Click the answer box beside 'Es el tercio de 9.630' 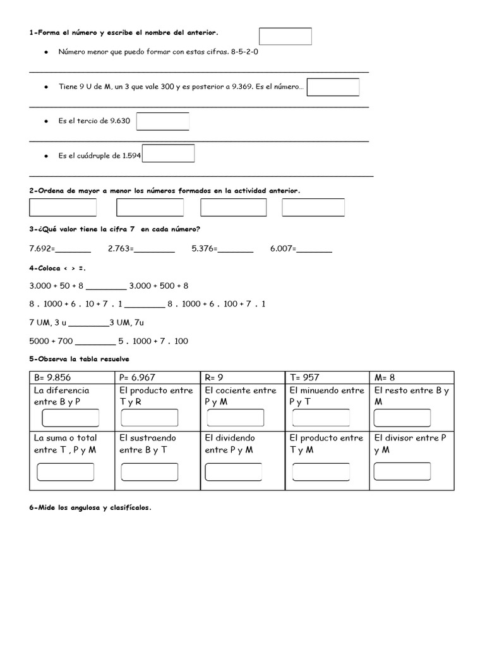[x=162, y=121]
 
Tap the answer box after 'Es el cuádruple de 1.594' [x=168, y=154]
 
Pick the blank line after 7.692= [x=73, y=249]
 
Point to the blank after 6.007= [x=314, y=249]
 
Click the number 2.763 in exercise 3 [x=119, y=249]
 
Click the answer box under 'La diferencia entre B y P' [x=70, y=418]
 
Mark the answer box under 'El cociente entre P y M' [x=235, y=418]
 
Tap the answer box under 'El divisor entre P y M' [x=402, y=471]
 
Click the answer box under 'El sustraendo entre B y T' [x=150, y=471]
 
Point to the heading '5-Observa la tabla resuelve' [x=79, y=359]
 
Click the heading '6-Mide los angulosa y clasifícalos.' [x=90, y=507]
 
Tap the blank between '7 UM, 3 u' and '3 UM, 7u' [x=88, y=323]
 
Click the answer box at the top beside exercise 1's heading [x=285, y=36]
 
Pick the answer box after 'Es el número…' [x=333, y=87]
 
